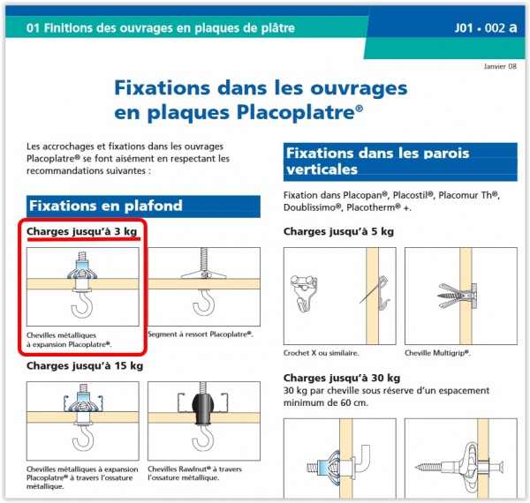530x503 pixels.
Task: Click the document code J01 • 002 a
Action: pos(486,27)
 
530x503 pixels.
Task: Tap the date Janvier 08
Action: pos(500,66)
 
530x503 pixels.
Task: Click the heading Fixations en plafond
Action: pos(106,206)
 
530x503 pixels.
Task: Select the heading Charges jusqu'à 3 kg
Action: pos(82,231)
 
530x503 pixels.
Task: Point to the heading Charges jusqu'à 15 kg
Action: pos(85,365)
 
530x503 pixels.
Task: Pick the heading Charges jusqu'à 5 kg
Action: pos(338,231)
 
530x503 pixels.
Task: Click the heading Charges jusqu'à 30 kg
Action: pos(342,378)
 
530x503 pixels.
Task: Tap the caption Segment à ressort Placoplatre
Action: pos(201,334)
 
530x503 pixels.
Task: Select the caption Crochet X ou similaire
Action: pos(322,353)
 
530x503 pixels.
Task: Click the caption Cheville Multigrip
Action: pos(437,353)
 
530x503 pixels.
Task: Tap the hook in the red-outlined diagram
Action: pos(82,304)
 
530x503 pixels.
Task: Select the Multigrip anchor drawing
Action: pos(457,296)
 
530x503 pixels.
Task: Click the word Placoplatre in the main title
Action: pos(299,112)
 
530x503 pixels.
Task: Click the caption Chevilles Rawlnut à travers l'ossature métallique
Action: pos(194,473)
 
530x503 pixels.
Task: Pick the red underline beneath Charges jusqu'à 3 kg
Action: pos(84,238)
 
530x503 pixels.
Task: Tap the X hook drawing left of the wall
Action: pos(304,293)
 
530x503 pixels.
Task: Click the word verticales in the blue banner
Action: pos(322,169)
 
